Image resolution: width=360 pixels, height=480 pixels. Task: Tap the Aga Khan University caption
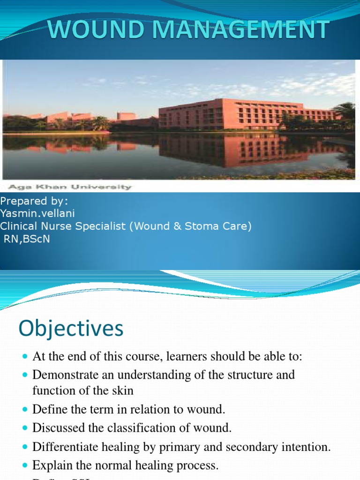(67, 187)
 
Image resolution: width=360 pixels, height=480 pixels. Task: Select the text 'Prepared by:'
(34, 202)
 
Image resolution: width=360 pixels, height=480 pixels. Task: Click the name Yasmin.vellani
(37, 214)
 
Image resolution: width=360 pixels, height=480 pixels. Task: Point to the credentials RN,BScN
(27, 239)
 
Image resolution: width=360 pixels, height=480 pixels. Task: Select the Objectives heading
(71, 329)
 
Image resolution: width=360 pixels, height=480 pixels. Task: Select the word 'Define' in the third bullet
(47, 410)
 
